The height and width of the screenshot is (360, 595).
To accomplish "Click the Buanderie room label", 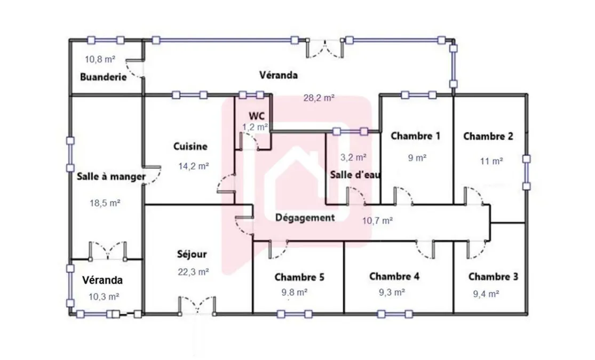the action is pos(103,77).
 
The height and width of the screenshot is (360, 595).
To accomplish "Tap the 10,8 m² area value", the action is pos(100,59).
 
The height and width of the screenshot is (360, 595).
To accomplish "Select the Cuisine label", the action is pos(190,147).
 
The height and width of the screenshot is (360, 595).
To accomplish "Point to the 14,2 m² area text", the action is pos(194,166).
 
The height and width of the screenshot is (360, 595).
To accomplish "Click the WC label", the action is pos(257,116).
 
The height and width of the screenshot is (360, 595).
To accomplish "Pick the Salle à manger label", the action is pos(111,177).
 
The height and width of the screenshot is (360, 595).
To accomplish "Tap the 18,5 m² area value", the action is pos(105,203).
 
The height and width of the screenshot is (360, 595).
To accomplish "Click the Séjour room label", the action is pos(192,254).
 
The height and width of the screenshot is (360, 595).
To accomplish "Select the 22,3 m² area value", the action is pos(193,272).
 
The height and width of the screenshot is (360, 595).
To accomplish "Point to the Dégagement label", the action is pos(305,218).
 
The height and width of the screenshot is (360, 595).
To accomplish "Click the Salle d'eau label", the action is pos(355,175).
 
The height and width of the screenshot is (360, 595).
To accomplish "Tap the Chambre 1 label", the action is pos(416,136).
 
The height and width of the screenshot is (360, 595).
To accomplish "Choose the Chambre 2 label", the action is pos(488,136).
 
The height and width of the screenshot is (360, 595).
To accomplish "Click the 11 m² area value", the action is pos(491,161).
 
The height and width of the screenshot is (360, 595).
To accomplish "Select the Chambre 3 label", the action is pos(493,277).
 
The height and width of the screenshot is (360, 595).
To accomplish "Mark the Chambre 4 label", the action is pos(394,276).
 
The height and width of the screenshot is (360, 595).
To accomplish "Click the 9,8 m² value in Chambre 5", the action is pos(295,292).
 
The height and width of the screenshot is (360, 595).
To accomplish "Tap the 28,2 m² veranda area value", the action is pos(319,98).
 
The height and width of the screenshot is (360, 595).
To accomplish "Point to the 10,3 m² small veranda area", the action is pos(104,297).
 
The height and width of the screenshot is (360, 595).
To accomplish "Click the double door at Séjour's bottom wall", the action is pos(197,306).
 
